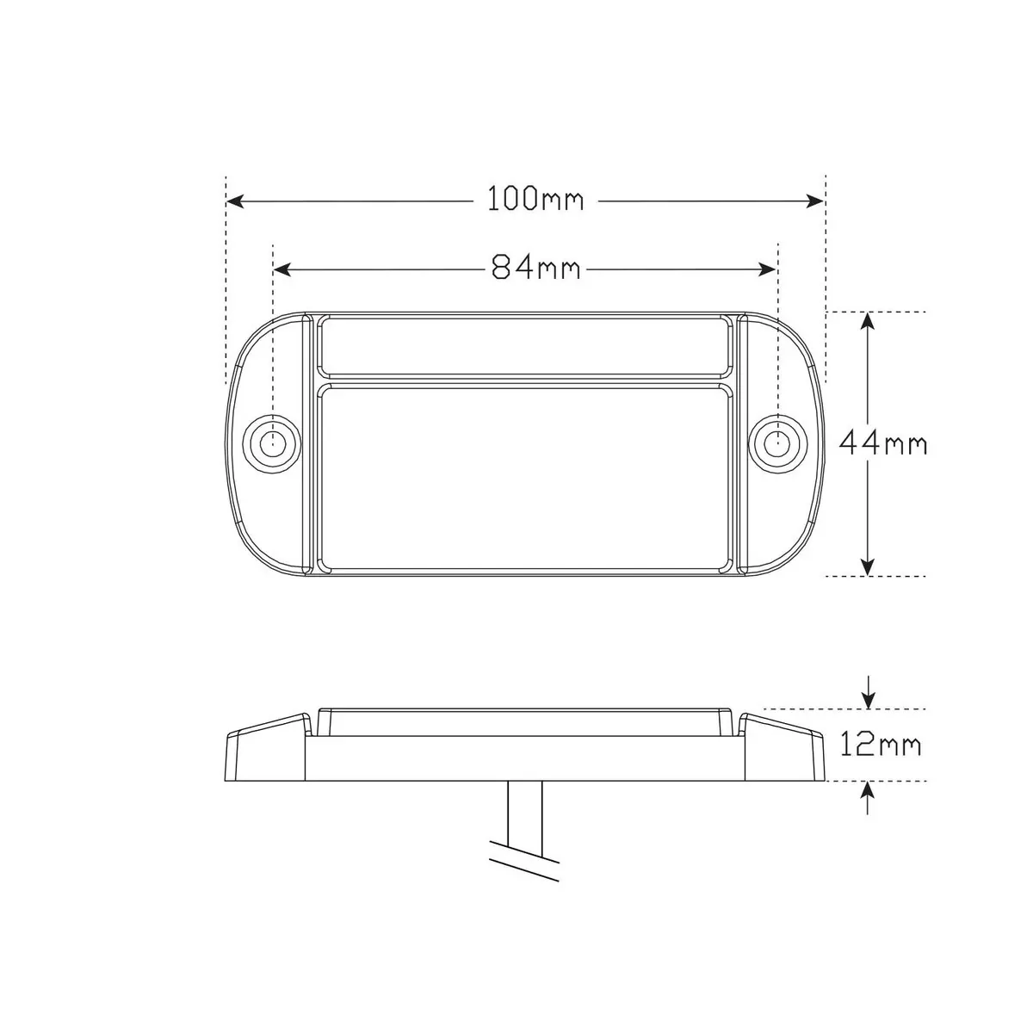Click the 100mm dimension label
[x=535, y=199]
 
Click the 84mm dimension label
[x=535, y=267]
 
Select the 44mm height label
[x=882, y=443]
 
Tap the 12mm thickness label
[x=881, y=744]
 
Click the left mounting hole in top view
[x=272, y=443]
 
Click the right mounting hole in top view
[x=778, y=443]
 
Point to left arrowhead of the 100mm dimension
[x=235, y=201]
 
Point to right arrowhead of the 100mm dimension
[x=814, y=201]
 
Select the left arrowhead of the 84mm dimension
[x=282, y=269]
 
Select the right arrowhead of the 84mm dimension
[x=768, y=269]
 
